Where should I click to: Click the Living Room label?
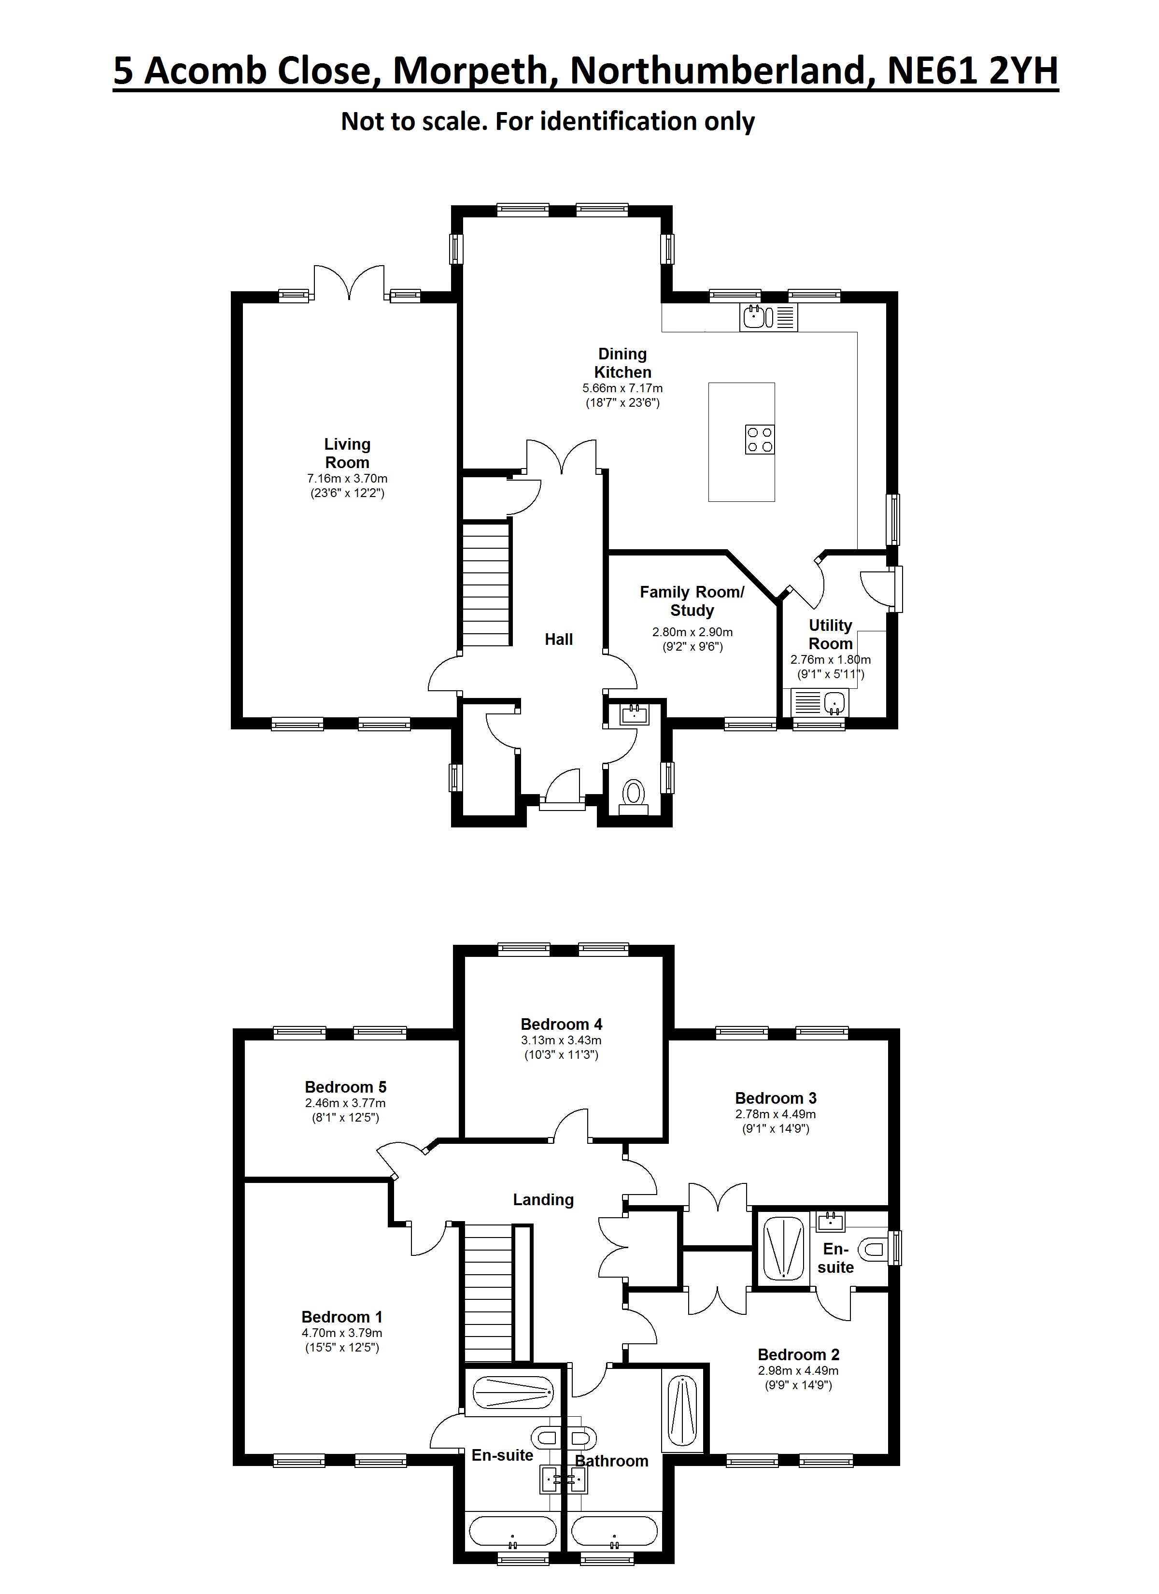pos(347,453)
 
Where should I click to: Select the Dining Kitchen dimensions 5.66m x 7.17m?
pos(623,388)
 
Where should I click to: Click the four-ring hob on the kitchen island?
pos(760,439)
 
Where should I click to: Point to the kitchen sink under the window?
pos(768,318)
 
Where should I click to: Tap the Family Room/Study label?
pos(692,601)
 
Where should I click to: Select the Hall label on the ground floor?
pos(559,639)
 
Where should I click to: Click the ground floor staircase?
pos(486,584)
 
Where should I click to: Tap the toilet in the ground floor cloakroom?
pos(634,797)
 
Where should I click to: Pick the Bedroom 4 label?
pos(562,1024)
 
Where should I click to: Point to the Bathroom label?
pos(611,1461)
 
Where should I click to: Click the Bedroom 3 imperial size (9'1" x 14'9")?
pos(776,1129)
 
